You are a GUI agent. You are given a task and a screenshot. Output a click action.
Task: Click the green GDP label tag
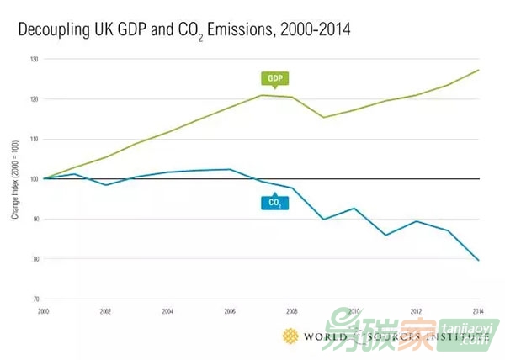[274, 79]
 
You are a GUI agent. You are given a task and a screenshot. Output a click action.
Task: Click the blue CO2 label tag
[274, 202]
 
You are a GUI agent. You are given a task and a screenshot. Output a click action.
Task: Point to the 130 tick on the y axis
[33, 59]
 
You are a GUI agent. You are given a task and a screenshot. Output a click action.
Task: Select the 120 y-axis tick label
[33, 99]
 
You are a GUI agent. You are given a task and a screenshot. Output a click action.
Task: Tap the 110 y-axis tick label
[33, 139]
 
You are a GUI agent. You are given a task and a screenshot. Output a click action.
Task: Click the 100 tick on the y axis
[33, 178]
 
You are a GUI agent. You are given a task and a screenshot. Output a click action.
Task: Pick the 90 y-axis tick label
[34, 219]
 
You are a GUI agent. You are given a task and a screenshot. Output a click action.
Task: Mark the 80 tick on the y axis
[34, 258]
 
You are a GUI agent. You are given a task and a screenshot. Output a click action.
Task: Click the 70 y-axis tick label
[34, 299]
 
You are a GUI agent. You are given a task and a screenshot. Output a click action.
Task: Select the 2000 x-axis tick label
[43, 310]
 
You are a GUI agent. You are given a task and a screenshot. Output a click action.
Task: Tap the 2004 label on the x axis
[167, 310]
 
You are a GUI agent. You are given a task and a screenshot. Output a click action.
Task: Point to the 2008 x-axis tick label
[292, 310]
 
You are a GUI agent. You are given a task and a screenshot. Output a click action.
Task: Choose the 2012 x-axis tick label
[417, 310]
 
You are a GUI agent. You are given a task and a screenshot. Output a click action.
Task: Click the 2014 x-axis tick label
[478, 310]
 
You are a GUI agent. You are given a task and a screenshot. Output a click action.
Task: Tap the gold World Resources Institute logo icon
[290, 336]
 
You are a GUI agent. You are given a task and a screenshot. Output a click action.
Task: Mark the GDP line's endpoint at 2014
[479, 70]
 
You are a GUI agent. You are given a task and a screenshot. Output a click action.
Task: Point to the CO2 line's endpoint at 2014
[479, 261]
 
